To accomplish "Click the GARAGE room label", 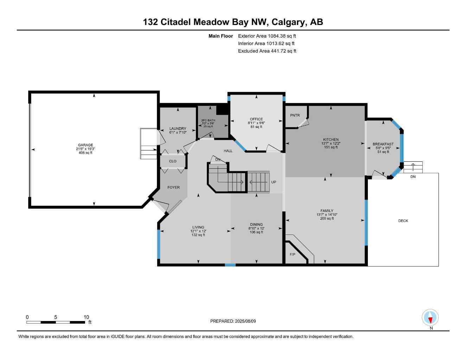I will point(85,145).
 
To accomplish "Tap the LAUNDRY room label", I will point(178,129).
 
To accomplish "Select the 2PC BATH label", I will point(208,120).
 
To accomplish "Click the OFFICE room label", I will point(256,119).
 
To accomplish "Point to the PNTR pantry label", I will point(295,115).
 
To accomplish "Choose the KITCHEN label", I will point(331,140).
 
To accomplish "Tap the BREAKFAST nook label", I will point(383,144).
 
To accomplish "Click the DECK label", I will point(403,221).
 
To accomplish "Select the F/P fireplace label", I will point(292,254).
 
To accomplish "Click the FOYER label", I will point(173,187).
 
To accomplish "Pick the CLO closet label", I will point(173,161).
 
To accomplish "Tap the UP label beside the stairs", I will point(274,182).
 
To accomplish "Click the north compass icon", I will point(430,318).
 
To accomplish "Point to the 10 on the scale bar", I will point(87,317).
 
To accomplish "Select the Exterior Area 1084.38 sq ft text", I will point(267,36).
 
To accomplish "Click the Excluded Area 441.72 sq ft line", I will point(267,51).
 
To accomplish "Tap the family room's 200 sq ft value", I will point(327,219).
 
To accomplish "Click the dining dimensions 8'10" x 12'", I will point(256,228).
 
